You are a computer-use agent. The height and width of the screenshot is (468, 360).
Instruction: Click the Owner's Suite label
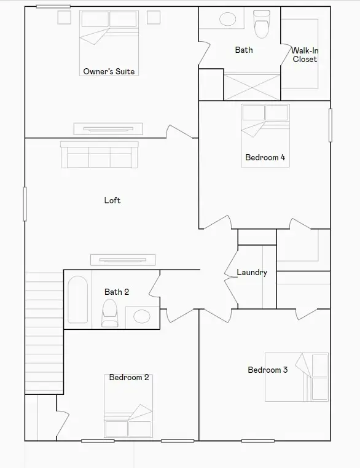(x=109, y=71)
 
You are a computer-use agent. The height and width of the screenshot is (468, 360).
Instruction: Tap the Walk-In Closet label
(x=305, y=55)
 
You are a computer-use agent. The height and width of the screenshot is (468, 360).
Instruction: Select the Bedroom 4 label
(x=265, y=157)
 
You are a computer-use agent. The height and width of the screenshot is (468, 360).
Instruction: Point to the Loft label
(x=112, y=200)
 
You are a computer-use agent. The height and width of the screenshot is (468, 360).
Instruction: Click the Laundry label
(x=252, y=272)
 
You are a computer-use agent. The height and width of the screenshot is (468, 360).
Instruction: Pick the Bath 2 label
(x=117, y=292)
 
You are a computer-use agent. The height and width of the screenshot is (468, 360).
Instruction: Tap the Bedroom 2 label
(x=129, y=377)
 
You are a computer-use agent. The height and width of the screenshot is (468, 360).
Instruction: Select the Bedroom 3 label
(x=267, y=370)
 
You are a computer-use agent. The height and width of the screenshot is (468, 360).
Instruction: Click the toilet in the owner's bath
(x=262, y=24)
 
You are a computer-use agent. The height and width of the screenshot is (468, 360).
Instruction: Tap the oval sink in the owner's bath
(x=228, y=19)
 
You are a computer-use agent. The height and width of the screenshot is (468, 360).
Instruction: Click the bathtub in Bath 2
(x=77, y=300)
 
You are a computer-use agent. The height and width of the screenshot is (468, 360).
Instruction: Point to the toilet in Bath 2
(x=109, y=314)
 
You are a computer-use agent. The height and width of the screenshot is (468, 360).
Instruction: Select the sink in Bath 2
(x=142, y=316)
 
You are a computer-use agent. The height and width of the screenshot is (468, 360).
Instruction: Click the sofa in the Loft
(x=99, y=155)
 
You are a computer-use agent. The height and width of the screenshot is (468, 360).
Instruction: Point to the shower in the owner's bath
(x=252, y=87)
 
